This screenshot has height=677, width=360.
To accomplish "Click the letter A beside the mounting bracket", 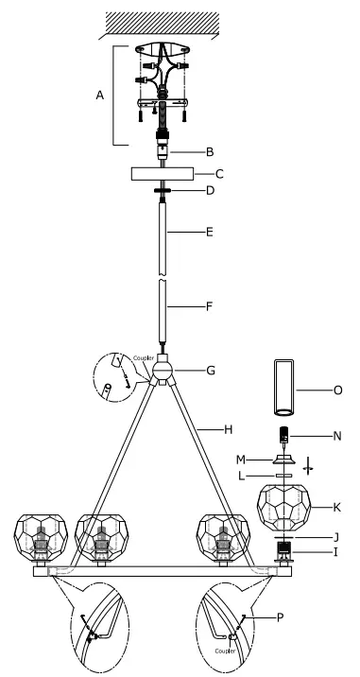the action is coord(100,95).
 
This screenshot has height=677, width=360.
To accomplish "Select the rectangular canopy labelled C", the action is coord(163,175).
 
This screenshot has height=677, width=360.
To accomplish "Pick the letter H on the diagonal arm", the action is coord(228,428).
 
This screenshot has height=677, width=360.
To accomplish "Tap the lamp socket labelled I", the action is coord(283,548).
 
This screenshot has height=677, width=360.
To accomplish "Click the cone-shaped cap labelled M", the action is coord(283,460).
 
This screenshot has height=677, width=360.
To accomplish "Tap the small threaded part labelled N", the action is coord(283,436).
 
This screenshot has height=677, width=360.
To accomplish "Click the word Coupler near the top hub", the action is coord(144,356).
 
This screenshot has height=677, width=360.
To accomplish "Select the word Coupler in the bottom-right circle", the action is coord(226,651).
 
